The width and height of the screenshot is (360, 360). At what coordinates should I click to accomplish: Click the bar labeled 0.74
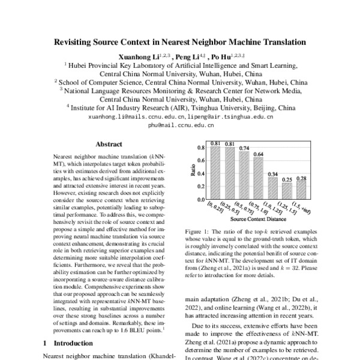pyautogui.click(x=244, y=175)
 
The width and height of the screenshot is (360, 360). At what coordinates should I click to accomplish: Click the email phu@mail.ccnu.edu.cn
pyautogui.click(x=180, y=127)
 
